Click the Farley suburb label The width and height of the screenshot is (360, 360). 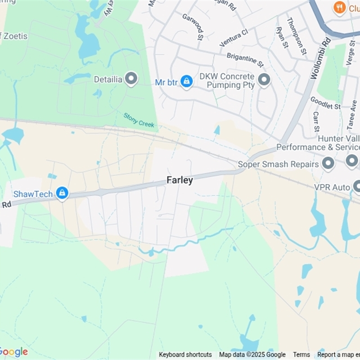[180, 180]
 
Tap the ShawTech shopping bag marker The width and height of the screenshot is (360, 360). [62, 193]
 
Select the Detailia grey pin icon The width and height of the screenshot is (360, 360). [131, 80]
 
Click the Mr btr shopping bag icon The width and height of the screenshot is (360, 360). [186, 81]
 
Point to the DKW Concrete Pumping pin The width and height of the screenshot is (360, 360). [264, 80]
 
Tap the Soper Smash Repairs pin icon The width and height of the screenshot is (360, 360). [328, 163]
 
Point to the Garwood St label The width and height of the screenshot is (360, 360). [193, 25]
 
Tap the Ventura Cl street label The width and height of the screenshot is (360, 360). [234, 38]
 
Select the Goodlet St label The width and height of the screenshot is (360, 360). [325, 103]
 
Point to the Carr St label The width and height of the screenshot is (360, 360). [316, 121]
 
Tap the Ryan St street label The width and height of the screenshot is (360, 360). [282, 37]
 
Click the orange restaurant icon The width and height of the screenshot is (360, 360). [339, 7]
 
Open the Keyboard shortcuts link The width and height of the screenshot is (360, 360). [185, 355]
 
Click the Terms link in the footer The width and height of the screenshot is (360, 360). [301, 355]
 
